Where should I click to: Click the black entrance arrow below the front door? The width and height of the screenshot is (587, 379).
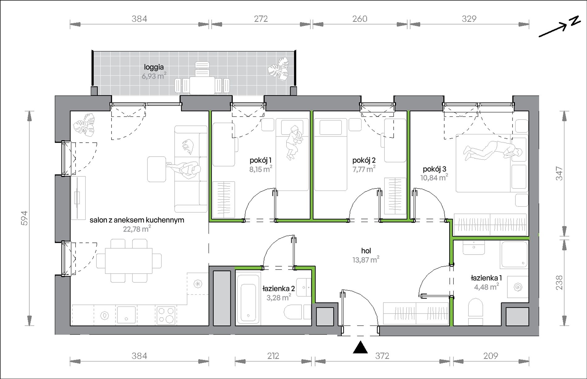pyautogui.click(x=360, y=347)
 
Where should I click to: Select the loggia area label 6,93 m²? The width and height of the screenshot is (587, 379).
pyautogui.click(x=154, y=76)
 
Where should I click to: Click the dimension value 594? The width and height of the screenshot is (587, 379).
pyautogui.click(x=24, y=218)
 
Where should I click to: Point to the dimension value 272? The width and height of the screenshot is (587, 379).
pyautogui.click(x=261, y=19)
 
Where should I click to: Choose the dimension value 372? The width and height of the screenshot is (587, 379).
pyautogui.click(x=382, y=356)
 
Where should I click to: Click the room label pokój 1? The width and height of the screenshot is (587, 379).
pyautogui.click(x=260, y=160)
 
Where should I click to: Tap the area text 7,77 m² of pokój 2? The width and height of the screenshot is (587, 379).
pyautogui.click(x=364, y=169)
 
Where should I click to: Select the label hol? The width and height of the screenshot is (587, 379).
pyautogui.click(x=366, y=251)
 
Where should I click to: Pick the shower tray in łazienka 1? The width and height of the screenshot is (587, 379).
pyautogui.click(x=514, y=255)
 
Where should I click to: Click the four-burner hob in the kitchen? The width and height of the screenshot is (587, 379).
pyautogui.click(x=166, y=315)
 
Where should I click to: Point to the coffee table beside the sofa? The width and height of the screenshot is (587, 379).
pyautogui.click(x=157, y=169)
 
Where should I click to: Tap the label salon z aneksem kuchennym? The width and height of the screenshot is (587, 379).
pyautogui.click(x=137, y=220)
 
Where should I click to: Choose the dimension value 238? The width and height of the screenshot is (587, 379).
pyautogui.click(x=559, y=283)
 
